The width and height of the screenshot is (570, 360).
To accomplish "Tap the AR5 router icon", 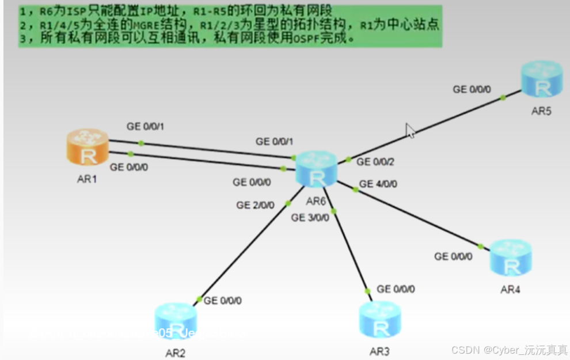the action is [541, 80].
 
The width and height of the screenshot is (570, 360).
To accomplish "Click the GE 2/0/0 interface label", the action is [255, 205].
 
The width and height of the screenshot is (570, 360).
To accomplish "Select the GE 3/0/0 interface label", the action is [310, 218].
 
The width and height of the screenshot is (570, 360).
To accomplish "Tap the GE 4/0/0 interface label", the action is [378, 184].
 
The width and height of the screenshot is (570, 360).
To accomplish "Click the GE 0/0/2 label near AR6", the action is [375, 162].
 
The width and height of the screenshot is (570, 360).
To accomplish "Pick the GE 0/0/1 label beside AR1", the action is [145, 126].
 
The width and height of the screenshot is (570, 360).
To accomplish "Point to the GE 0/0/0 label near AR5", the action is [472, 89].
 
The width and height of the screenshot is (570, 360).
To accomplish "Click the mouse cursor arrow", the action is [409, 131].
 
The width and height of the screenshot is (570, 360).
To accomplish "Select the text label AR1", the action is [87, 179].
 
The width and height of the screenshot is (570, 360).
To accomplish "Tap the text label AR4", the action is [510, 289].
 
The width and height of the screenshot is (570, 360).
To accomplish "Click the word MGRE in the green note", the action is [135, 25].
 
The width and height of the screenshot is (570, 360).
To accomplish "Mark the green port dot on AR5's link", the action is [503, 97].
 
